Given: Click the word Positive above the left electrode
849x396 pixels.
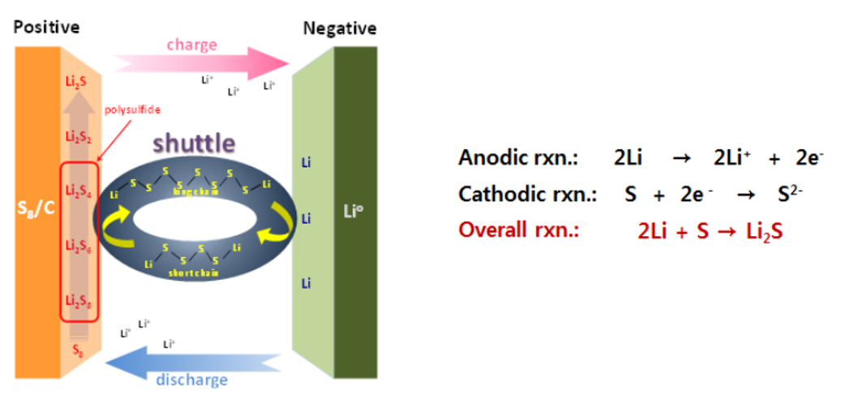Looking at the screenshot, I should (x=46, y=27).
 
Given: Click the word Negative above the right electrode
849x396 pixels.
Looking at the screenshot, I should (x=339, y=28).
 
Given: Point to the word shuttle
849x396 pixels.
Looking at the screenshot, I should (x=193, y=143).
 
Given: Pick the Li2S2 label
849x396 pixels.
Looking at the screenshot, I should (x=78, y=136).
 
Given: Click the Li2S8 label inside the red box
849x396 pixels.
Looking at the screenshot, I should (x=78, y=301).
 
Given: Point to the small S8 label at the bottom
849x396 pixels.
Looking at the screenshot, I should (x=77, y=350).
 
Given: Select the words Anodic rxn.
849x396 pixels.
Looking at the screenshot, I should (x=517, y=157).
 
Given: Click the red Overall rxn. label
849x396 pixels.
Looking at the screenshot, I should (x=517, y=230).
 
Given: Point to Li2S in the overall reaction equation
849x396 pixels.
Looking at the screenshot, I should (x=764, y=231).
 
